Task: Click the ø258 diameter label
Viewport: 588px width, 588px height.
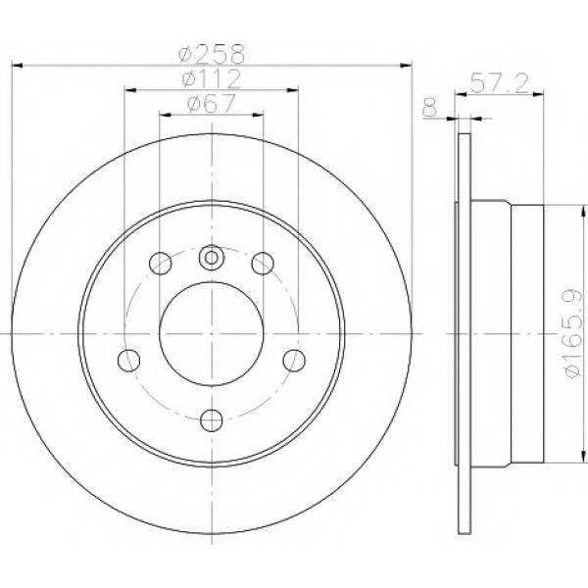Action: click(x=212, y=54)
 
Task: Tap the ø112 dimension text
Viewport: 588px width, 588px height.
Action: click(x=211, y=78)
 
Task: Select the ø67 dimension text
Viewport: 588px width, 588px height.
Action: click(x=211, y=103)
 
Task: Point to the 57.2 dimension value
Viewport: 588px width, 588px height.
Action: click(x=499, y=83)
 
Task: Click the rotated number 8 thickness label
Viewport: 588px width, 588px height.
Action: click(x=430, y=107)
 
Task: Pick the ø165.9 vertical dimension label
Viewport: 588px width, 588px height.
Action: click(x=573, y=333)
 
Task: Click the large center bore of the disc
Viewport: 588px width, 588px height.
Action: click(x=212, y=334)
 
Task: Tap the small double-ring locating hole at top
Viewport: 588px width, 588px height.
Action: click(x=212, y=258)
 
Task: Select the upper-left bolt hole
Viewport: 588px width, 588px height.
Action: click(x=161, y=264)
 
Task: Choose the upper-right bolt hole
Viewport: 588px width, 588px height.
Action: click(x=263, y=264)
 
